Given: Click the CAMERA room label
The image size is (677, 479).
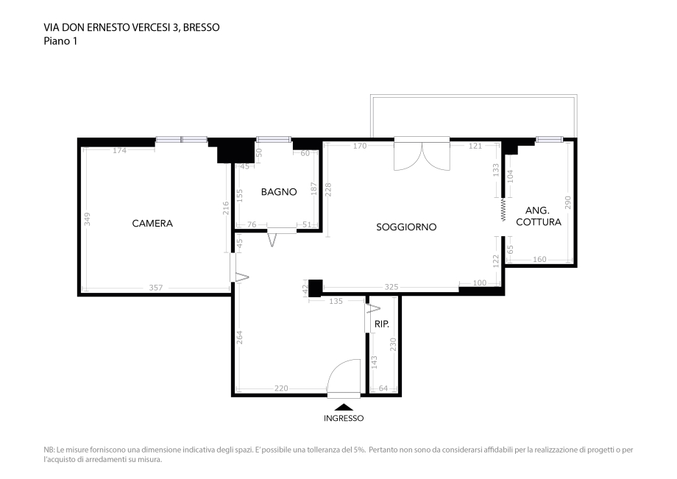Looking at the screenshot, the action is point(152,223).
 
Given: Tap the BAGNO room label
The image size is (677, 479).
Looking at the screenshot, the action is point(279,191).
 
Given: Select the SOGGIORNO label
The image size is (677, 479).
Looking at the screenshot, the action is point(406,227).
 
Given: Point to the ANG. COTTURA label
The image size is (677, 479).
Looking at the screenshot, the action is point(539,216).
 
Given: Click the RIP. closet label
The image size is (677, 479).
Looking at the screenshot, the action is point(382,324).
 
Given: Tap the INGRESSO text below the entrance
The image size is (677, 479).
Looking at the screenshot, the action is point(344,418).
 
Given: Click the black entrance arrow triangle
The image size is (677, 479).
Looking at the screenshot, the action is point(344,407).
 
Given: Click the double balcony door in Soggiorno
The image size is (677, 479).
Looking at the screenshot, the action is point(422,154).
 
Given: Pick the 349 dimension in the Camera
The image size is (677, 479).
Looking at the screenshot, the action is point(88,219).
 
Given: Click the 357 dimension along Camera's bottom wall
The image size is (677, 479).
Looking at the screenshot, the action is point(156,288).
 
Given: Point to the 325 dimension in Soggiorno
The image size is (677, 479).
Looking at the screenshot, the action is point(391,286).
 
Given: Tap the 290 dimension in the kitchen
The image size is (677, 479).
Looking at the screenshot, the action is point(568,202).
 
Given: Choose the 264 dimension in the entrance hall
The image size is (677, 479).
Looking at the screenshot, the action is point(240,337).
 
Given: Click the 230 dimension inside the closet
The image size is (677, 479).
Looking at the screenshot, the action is point(393,344).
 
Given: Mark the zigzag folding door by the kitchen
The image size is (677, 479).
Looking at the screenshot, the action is point(503,210).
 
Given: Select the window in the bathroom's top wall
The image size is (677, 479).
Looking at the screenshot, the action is point(273,139).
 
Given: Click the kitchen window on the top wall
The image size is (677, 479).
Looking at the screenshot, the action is point(550,139).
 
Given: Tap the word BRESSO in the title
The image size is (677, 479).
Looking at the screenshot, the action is point(202,28).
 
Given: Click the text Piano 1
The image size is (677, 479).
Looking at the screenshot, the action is point(60,41).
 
